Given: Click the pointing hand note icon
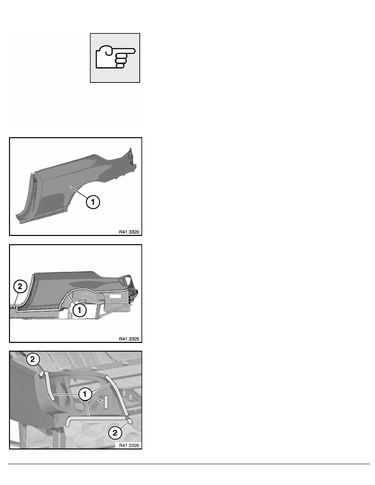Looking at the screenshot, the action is click(115, 58).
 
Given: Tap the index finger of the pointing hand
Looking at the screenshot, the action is click(125, 51).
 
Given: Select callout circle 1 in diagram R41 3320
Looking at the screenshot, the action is click(93, 202).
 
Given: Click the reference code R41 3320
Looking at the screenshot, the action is click(129, 231).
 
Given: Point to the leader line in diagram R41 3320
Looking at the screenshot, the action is click(78, 192).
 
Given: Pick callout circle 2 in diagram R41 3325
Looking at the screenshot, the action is click(20, 287).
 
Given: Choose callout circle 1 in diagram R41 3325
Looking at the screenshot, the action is click(80, 309).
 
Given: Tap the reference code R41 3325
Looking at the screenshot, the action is click(129, 339).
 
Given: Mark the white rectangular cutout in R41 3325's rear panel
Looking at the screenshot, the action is click(114, 296).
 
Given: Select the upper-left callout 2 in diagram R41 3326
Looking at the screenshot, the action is click(33, 359).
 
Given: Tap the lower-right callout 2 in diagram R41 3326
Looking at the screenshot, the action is click(115, 432).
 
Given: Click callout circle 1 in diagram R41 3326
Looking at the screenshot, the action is click(85, 394).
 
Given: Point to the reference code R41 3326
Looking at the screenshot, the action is click(129, 445).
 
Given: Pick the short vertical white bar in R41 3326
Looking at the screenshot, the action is click(106, 402).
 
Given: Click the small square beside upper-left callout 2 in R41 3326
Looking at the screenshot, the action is click(41, 374).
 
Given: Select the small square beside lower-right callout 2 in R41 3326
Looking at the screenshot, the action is click(130, 421).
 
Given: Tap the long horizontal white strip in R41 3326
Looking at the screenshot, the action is click(96, 418).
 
